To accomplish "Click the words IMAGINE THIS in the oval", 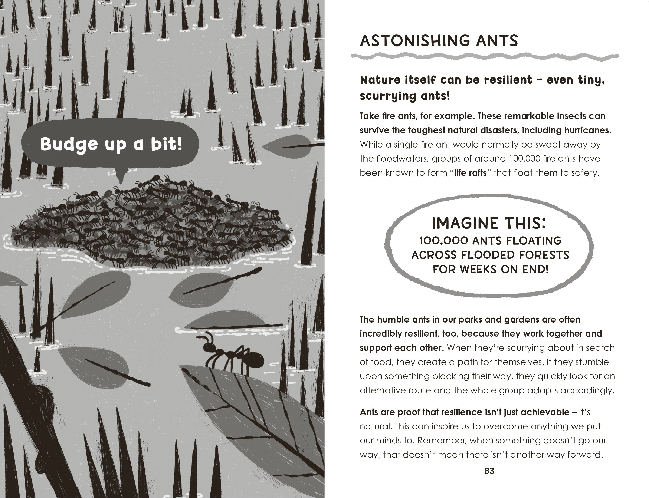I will pos(489,224).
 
